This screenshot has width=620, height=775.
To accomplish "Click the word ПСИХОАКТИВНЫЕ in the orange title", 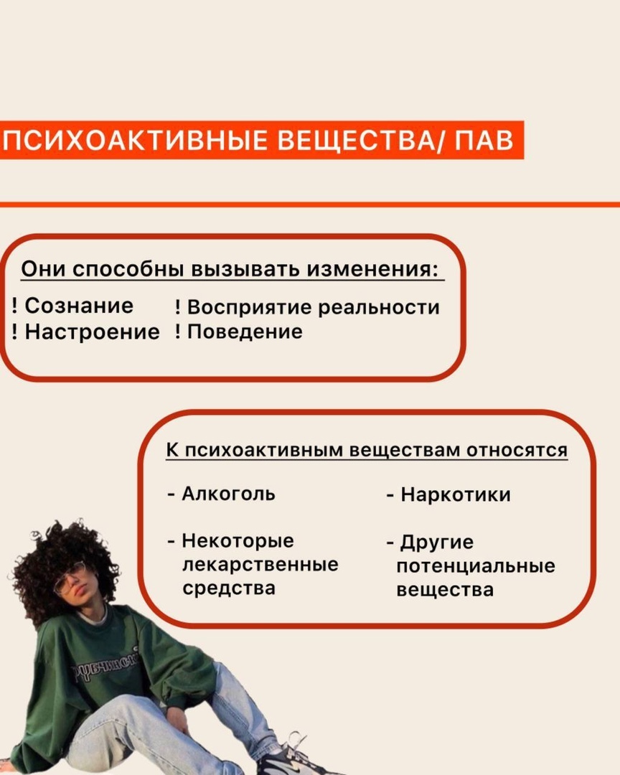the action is [134, 141].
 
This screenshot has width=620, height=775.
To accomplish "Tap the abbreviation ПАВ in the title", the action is [484, 141].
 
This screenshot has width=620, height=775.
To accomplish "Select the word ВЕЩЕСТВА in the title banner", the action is [355, 141].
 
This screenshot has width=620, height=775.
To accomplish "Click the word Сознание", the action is [79, 306].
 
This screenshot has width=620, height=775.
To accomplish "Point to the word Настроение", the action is [93, 332].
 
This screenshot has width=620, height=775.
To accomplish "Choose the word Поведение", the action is [245, 332].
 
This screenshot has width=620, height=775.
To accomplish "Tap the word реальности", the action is [379, 307].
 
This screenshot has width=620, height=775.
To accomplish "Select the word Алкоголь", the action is [228, 493].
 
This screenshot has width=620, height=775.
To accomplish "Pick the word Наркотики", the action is [456, 494].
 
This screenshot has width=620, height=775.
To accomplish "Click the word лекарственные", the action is [260, 565].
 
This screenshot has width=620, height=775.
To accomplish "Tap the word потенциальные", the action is [476, 566].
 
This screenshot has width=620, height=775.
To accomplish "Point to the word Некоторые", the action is [238, 541].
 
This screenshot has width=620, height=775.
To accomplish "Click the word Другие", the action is [437, 542].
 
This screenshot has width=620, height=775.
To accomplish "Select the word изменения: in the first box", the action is [373, 269].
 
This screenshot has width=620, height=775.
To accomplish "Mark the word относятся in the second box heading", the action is [517, 450].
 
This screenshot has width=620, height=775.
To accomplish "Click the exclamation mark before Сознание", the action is [15, 306].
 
